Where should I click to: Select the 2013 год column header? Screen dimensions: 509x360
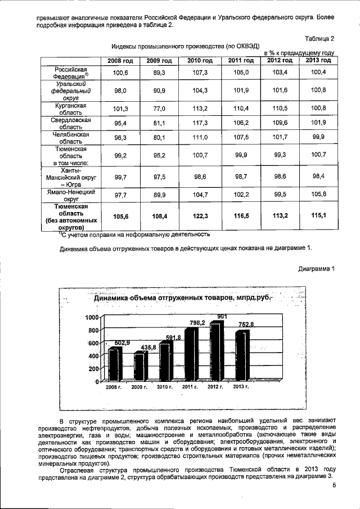tap(317, 60)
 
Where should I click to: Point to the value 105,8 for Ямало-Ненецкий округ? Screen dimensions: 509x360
tap(317, 195)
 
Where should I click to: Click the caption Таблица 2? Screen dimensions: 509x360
tap(319, 38)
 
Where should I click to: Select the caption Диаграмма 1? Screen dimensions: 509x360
tap(316, 268)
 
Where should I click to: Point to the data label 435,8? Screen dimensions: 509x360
tap(146, 348)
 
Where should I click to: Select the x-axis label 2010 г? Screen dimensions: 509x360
tap(164, 388)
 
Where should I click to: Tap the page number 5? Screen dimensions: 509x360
tap(334, 485)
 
